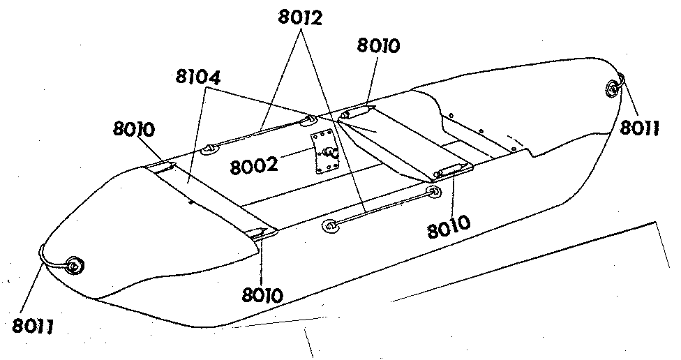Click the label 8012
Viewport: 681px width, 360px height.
(x=299, y=18)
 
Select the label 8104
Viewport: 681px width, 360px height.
(x=198, y=77)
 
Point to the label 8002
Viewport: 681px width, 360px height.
(x=253, y=165)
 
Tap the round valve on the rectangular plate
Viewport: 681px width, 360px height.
(x=329, y=152)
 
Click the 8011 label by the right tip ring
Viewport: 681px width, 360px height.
(x=639, y=128)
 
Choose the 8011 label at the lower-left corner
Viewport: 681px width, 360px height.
(x=32, y=326)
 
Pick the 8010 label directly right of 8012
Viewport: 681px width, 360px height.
(x=378, y=45)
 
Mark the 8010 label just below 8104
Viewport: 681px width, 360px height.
(x=134, y=129)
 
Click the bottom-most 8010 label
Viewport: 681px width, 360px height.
(x=262, y=295)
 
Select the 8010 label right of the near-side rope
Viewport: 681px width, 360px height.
(x=449, y=226)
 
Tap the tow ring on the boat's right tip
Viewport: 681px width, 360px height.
(x=613, y=89)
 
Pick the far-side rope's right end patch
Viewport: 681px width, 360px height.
(x=309, y=121)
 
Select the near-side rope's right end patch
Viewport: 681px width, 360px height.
(x=433, y=191)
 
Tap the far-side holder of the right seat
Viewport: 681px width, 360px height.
(x=355, y=112)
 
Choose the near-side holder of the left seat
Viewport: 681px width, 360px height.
(x=263, y=233)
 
